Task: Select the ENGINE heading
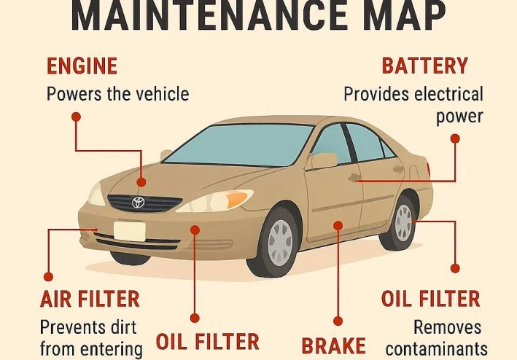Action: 82,67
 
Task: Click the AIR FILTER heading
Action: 90,299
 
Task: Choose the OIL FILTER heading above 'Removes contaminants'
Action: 430,299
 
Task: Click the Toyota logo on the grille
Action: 138,203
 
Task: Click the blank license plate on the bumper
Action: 130,231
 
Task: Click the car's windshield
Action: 241,144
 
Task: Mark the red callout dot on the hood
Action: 141,183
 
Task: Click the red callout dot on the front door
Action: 338,226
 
